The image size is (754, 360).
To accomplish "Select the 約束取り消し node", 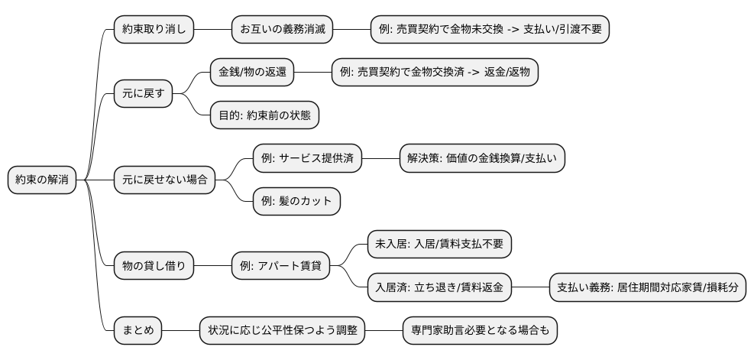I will coord(154,30).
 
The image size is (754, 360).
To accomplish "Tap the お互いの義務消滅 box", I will coord(283,30).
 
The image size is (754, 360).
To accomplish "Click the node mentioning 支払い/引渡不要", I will coord(490,30).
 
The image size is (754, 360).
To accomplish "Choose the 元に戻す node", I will coord(143,94).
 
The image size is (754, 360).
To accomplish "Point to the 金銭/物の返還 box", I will coord(251,73).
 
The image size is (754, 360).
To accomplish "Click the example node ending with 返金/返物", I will coord(435,73).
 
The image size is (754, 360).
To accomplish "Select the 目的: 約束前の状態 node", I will coord(264,115).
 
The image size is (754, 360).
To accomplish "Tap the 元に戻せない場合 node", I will coord(164,180).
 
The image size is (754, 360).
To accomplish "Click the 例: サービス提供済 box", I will coord(307,158).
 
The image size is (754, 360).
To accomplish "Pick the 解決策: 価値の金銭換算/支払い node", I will coord(482,158).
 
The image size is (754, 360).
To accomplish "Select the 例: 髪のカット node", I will coord(296,202).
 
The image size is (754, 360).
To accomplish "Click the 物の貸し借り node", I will coord(154,266).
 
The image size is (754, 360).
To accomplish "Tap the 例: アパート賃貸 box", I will coord(286,266).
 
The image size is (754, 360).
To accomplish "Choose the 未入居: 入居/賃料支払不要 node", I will coord(438,245).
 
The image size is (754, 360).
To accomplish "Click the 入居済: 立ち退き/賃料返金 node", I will coord(438,287).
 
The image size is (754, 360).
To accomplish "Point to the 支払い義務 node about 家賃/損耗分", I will coord(648,287).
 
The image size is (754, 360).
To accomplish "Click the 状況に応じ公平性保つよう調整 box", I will coord(282,330).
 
